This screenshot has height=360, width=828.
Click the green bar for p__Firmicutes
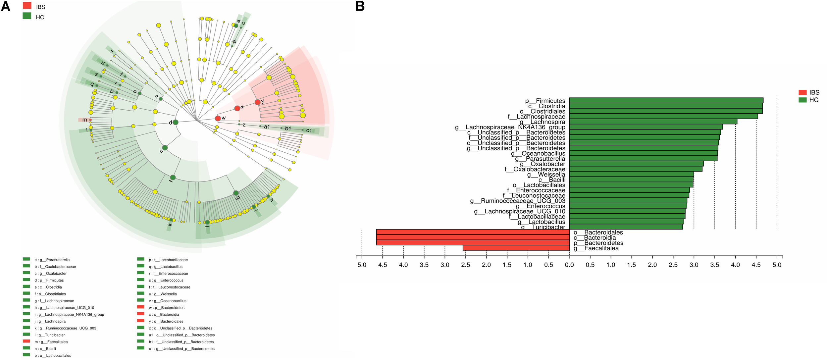[666, 101]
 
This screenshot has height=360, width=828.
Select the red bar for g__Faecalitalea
[516, 248]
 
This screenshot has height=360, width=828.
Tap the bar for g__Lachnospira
[652, 122]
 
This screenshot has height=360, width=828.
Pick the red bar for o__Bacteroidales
[473, 232]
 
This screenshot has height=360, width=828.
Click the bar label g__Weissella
[546, 175]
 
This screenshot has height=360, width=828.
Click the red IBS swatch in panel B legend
[802, 92]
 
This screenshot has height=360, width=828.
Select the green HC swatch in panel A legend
[27, 16]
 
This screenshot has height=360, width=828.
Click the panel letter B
[360, 6]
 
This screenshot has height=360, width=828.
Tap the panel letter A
[5, 6]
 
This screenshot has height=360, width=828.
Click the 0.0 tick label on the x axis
[569, 265]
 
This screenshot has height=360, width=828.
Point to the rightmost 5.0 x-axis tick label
[777, 265]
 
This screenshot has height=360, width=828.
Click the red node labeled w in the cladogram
[218, 118]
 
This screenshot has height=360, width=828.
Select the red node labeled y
[258, 102]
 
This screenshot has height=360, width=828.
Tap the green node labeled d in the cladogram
[176, 122]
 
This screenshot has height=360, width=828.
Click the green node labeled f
[173, 178]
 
